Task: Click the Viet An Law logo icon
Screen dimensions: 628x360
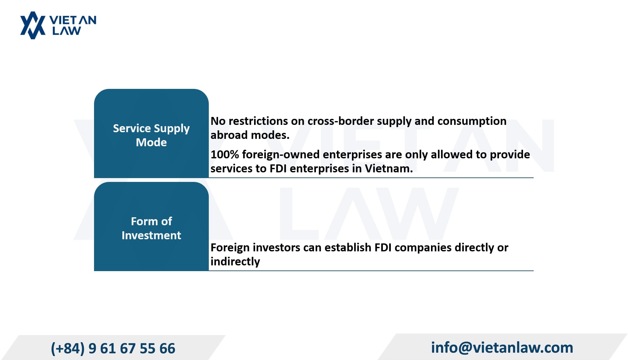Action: click(x=33, y=25)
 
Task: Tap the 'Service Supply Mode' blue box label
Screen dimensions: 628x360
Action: click(x=151, y=135)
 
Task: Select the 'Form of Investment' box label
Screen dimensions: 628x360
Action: click(x=151, y=228)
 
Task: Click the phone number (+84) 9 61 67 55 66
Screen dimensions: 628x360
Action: click(x=113, y=348)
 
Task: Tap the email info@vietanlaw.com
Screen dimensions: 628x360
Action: click(x=502, y=347)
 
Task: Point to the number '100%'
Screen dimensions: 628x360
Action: click(x=225, y=155)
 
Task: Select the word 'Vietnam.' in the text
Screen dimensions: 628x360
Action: click(x=389, y=168)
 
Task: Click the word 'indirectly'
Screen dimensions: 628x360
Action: click(x=235, y=262)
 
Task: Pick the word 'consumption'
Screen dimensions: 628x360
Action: click(x=472, y=121)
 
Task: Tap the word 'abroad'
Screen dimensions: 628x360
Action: click(x=228, y=135)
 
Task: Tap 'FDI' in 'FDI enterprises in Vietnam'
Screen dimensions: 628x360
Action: click(x=278, y=168)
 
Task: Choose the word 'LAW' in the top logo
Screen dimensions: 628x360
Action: click(x=67, y=31)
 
